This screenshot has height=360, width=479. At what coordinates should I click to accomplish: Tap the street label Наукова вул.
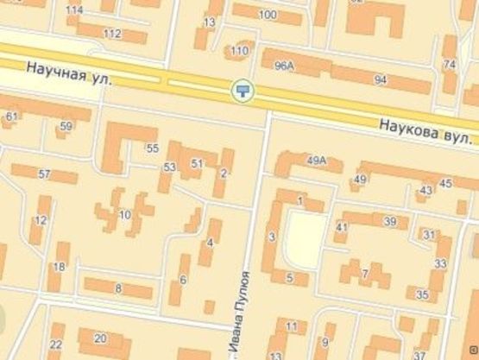point(426,131)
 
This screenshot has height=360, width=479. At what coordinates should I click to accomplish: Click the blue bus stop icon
point(243,89)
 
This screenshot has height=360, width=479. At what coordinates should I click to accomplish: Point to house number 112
point(112,34)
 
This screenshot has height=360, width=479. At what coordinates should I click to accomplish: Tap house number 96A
point(284,66)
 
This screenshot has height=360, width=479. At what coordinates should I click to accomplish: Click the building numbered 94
point(380,79)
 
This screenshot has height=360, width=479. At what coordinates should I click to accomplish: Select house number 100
point(268,15)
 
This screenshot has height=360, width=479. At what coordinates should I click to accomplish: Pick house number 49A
point(317,160)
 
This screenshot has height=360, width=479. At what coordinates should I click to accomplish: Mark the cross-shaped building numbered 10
point(124,214)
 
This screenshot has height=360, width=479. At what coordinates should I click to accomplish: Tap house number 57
point(44,174)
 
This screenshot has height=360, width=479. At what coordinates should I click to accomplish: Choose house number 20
point(100,338)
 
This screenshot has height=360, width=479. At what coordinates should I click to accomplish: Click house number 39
point(390,222)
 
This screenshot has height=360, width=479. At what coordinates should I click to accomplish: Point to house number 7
point(365,274)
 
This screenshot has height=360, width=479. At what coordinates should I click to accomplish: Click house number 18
point(59,266)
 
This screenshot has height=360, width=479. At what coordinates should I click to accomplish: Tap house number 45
point(445,183)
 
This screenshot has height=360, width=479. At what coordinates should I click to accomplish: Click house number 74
point(449,65)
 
